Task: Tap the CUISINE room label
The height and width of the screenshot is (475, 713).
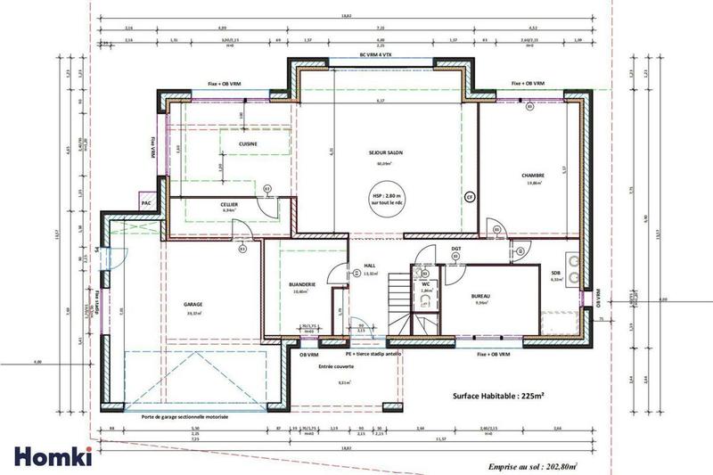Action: (x=236, y=143)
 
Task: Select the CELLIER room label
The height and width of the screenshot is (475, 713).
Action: (x=229, y=204)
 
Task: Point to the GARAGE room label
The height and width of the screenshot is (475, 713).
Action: (x=193, y=303)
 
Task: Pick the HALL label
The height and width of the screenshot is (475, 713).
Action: (x=370, y=266)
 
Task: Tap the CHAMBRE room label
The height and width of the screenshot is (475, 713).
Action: (x=533, y=176)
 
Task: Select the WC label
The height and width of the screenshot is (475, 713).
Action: (x=425, y=283)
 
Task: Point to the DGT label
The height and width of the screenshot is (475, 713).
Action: (x=455, y=249)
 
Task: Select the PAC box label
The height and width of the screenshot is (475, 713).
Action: (x=146, y=204)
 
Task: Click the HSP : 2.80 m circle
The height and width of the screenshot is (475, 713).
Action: (x=387, y=201)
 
